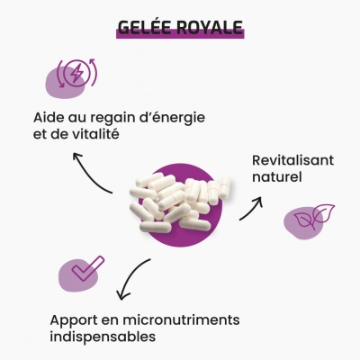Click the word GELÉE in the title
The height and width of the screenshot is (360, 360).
(144, 27)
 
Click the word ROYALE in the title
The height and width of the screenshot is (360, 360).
(209, 27)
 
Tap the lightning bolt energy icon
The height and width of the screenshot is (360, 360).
(76, 73)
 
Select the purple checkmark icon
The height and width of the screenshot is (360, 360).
(87, 268)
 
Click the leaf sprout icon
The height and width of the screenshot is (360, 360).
(314, 216)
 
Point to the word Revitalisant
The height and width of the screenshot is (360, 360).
(292, 160)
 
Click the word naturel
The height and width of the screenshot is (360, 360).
(276, 177)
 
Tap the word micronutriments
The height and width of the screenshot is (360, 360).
(181, 319)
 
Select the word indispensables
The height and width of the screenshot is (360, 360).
(103, 337)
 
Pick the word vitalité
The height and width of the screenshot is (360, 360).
(96, 134)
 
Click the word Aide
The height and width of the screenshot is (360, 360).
(48, 117)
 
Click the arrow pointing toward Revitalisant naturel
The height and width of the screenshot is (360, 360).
(252, 210)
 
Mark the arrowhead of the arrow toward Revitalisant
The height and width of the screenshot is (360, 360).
(258, 201)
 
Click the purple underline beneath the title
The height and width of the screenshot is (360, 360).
(180, 34)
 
